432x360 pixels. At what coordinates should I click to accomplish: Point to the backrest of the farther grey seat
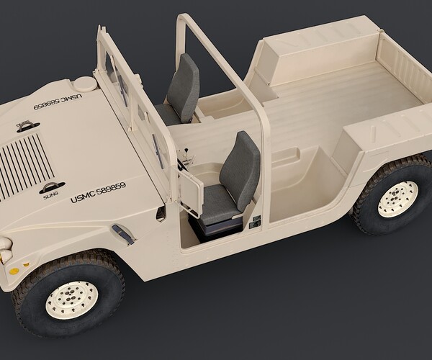185,86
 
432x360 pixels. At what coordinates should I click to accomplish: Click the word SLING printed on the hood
50,193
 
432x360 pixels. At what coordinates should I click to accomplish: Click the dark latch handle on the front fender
124,234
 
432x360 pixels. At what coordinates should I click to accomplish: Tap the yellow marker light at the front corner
14,271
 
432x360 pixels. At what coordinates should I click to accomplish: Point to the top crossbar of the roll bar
186,19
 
